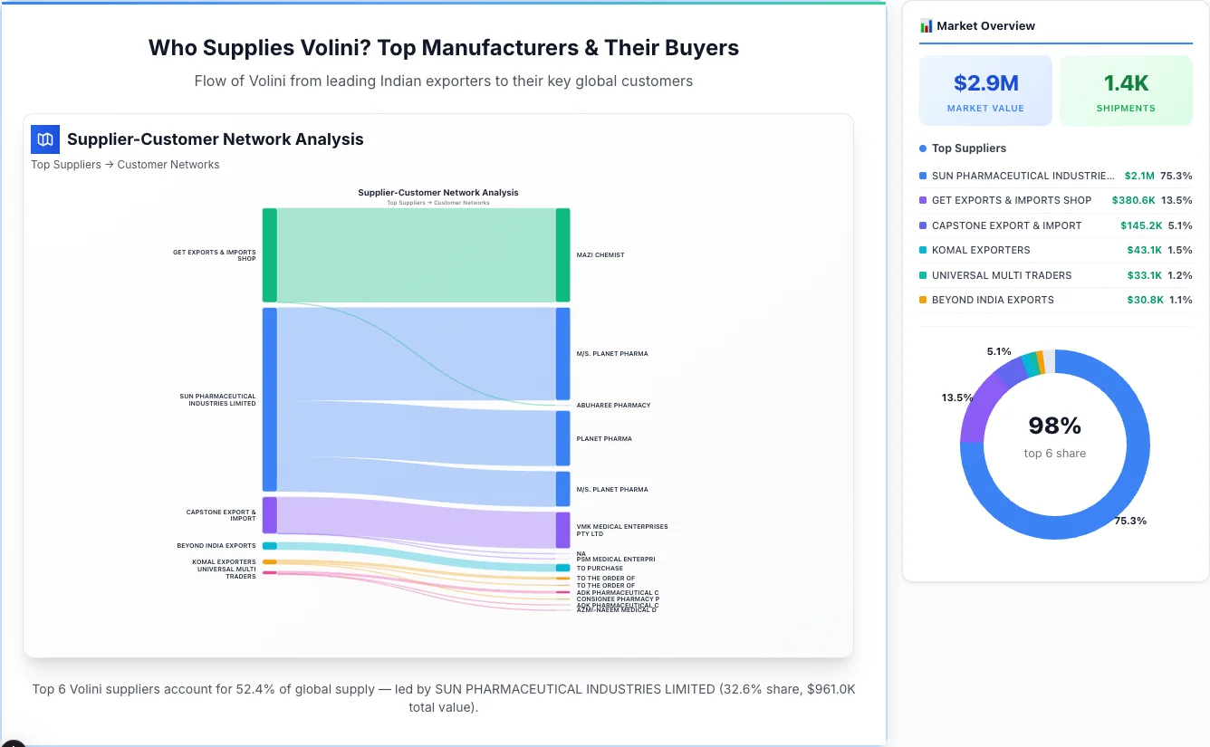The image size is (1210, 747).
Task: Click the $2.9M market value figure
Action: pyautogui.click(x=985, y=83)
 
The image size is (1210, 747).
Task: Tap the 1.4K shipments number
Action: pyautogui.click(x=1126, y=83)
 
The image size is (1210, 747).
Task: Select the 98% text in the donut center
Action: pyautogui.click(x=1054, y=426)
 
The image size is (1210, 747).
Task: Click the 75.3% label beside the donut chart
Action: pyautogui.click(x=1130, y=521)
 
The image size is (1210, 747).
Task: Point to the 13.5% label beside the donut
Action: pyautogui.click(x=957, y=397)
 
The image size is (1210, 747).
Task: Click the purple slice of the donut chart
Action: pyautogui.click(x=987, y=395)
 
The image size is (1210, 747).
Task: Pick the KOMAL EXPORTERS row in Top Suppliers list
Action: pyautogui.click(x=980, y=250)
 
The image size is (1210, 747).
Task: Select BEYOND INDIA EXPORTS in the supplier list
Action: pyautogui.click(x=992, y=300)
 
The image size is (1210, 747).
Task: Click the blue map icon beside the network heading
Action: pyautogui.click(x=44, y=139)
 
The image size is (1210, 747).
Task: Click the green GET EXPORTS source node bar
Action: pyautogui.click(x=270, y=254)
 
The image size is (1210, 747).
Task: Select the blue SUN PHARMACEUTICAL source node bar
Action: pyautogui.click(x=270, y=399)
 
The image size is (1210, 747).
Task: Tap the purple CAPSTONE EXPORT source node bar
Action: pyautogui.click(x=270, y=515)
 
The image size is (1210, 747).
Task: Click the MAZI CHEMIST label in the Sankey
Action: pyautogui.click(x=600, y=255)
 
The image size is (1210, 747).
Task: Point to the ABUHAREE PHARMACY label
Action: pyautogui.click(x=613, y=406)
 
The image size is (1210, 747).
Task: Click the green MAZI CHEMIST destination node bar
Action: pyautogui.click(x=562, y=254)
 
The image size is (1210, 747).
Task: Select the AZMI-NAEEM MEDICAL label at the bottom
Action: pyautogui.click(x=617, y=610)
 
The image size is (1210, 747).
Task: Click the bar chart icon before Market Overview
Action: pyautogui.click(x=926, y=26)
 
